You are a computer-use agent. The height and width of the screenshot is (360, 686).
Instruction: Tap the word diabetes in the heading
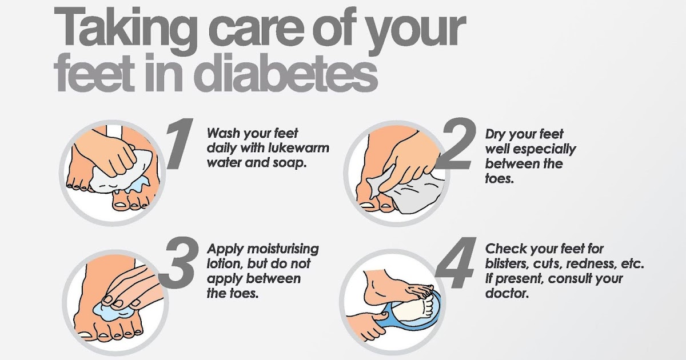coord(286,73)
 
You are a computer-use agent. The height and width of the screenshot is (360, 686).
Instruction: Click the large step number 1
coord(180,143)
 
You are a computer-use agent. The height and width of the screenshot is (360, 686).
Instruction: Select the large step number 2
coord(456,143)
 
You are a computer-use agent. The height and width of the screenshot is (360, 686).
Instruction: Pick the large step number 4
coord(456,263)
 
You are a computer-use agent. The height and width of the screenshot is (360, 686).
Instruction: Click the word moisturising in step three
coord(283,249)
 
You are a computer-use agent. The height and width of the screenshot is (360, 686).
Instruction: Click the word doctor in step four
coord(507,293)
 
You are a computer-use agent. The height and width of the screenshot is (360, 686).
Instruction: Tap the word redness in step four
coord(591,263)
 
